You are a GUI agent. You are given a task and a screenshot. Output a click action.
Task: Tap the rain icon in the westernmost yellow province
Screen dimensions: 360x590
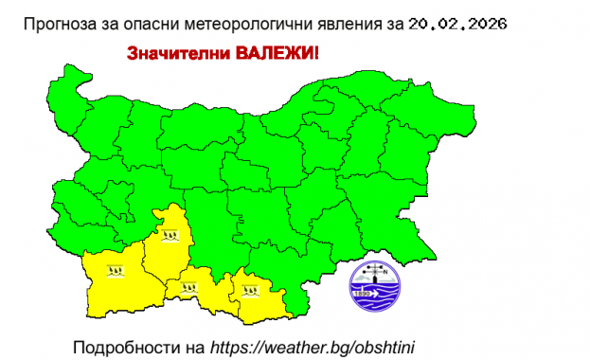pyautogui.click(x=116, y=270)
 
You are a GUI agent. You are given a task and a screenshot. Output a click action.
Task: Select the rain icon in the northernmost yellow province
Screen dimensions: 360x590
pyautogui.click(x=170, y=233)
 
